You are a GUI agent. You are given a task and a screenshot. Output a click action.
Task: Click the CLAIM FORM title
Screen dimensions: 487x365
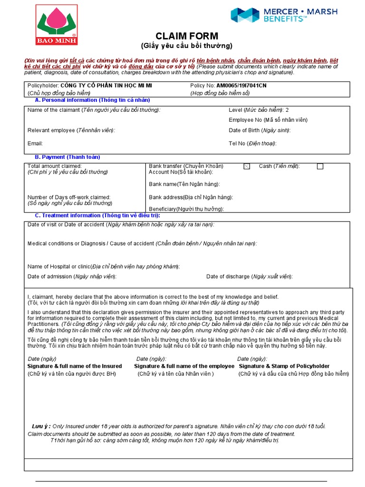pyautogui.click(x=187, y=36)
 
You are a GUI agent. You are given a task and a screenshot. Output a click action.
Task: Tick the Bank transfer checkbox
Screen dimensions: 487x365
pyautogui.click(x=246, y=166)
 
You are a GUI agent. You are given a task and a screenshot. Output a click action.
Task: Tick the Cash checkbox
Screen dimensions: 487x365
pyautogui.click(x=320, y=166)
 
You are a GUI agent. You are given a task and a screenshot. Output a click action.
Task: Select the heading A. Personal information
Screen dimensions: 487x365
pyautogui.click(x=93, y=100)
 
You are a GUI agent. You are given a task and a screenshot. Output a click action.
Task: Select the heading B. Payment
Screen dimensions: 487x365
pyautogui.click(x=67, y=157)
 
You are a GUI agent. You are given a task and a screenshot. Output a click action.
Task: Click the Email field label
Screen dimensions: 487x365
pyautogui.click(x=35, y=143)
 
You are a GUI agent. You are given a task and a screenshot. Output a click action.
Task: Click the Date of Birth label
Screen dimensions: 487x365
pyautogui.click(x=259, y=130)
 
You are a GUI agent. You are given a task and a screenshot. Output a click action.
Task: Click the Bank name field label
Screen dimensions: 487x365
pyautogui.click(x=184, y=184)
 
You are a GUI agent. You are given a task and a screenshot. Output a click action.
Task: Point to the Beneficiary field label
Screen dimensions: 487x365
pyautogui.click(x=186, y=209)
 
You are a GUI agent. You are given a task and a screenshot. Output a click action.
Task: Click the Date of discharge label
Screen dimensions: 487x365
pyautogui.click(x=249, y=276)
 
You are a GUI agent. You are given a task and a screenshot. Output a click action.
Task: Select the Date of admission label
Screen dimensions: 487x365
pyautogui.click(x=72, y=276)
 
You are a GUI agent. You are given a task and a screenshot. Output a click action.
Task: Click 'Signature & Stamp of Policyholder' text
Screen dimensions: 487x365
pyautogui.click(x=284, y=366)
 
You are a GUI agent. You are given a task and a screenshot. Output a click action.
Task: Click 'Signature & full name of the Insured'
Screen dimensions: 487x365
pyautogui.click(x=75, y=366)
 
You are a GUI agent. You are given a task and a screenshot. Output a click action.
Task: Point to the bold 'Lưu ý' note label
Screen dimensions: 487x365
pyautogui.click(x=40, y=426)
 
